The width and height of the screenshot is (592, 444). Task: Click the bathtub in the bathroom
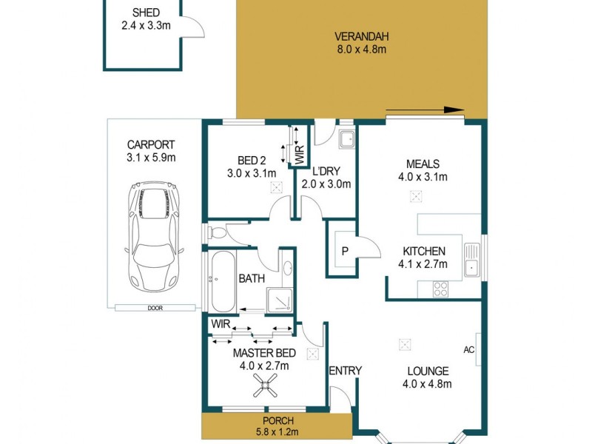click(x=221, y=283)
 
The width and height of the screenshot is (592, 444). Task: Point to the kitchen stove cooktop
click(x=442, y=289)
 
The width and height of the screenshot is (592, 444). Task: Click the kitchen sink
click(x=471, y=260)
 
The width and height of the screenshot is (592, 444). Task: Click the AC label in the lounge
click(x=468, y=349)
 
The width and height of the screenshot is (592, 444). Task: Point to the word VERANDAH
click(x=362, y=36)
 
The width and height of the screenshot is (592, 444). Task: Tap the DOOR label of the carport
click(x=155, y=308)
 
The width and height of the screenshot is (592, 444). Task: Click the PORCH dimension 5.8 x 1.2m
click(x=274, y=431)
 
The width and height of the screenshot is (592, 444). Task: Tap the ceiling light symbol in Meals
click(x=416, y=197)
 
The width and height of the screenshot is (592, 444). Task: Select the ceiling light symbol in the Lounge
click(x=404, y=344)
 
